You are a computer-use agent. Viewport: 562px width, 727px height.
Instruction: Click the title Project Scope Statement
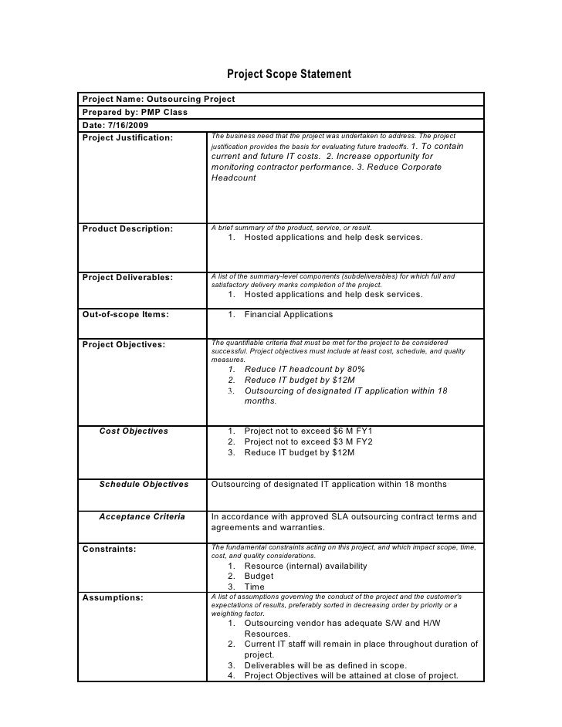point(289,75)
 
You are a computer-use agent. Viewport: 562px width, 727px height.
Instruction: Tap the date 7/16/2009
point(128,125)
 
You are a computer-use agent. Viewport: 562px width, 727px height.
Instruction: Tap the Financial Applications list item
point(288,315)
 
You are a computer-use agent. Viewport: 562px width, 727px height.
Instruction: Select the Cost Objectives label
point(134,431)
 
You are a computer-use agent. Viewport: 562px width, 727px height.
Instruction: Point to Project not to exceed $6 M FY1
point(308,431)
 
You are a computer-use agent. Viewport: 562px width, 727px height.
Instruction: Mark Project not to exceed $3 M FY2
point(308,441)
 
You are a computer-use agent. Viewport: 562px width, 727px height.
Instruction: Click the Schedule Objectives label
point(144,485)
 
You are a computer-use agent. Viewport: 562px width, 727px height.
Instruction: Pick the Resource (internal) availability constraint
point(305,566)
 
